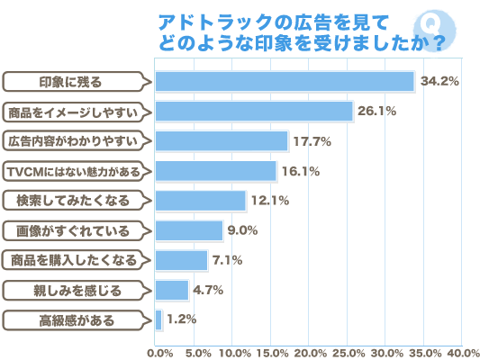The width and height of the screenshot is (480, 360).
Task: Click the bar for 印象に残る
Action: coord(285,81)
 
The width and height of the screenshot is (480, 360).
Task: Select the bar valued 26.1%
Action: coord(254,111)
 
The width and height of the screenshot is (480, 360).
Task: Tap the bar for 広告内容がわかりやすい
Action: coord(222,140)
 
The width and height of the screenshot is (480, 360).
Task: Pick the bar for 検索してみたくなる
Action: coord(201,200)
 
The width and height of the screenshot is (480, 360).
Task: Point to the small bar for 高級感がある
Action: coord(158,319)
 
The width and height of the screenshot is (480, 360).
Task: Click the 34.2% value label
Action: coord(440,81)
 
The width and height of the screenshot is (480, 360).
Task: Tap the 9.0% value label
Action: coord(242,230)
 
